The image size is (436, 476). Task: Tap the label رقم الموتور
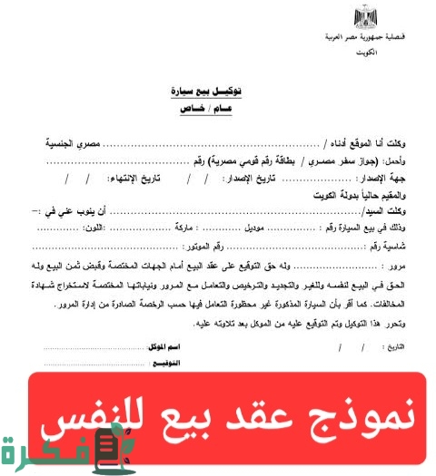[x=202, y=246]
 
